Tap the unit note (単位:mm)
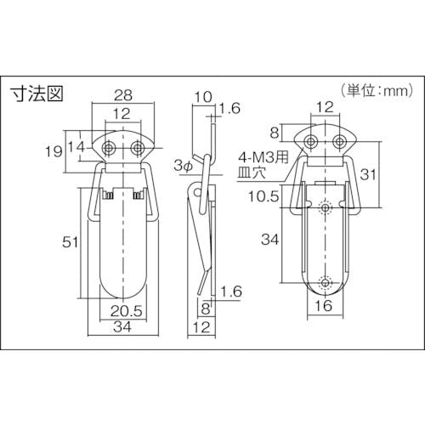[x=377, y=91]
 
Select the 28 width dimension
[x=123, y=95]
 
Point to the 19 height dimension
[x=54, y=151]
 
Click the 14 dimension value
[x=76, y=147]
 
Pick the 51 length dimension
[x=70, y=242]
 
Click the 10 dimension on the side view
[x=203, y=97]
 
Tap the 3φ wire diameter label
[x=184, y=166]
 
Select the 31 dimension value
[x=368, y=174]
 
